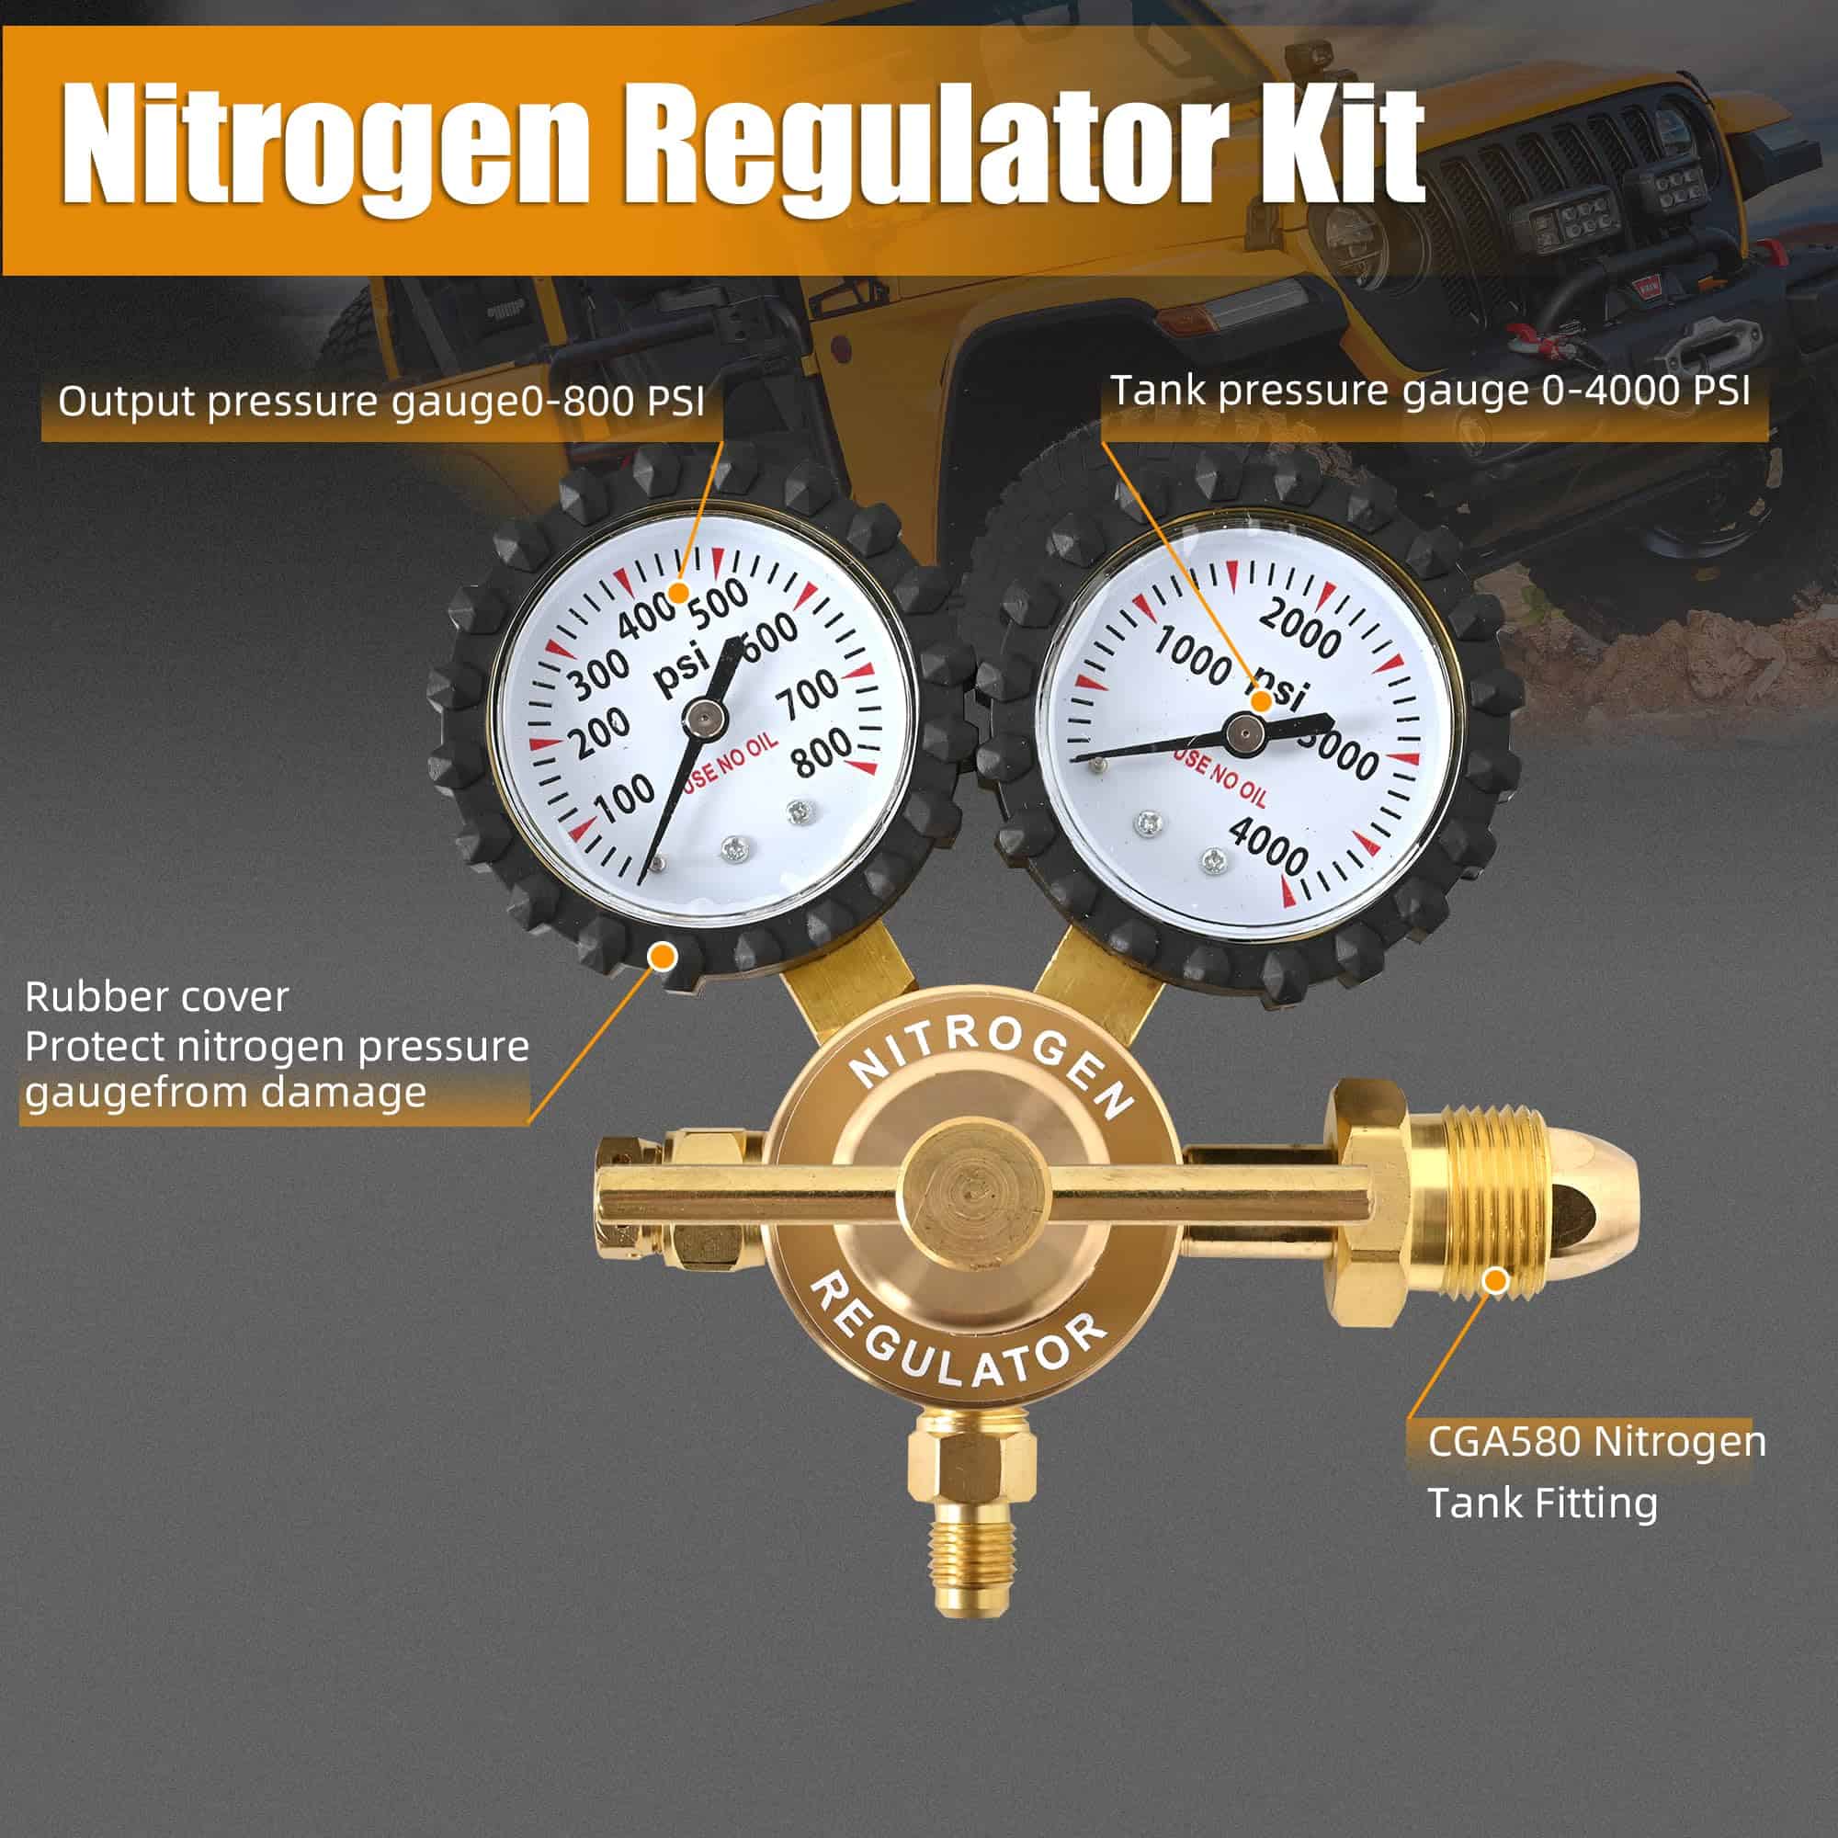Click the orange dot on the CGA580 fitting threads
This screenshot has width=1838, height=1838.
point(1496,1280)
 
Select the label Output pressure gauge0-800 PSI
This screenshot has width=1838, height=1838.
point(380,402)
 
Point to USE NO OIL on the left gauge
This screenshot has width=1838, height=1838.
point(730,761)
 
